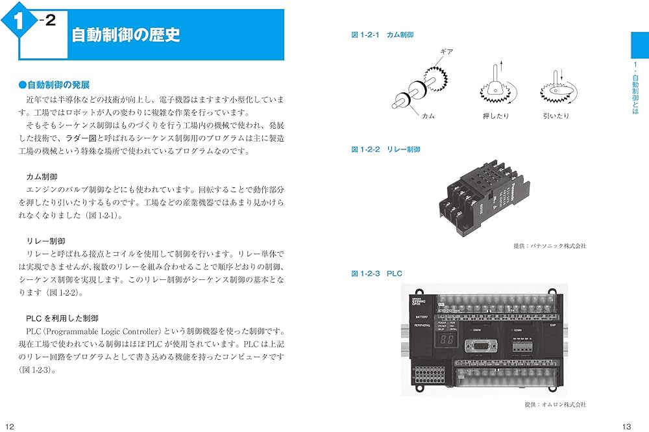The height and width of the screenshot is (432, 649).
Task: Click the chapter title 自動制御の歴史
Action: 125,34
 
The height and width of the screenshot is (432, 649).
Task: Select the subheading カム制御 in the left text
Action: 42,177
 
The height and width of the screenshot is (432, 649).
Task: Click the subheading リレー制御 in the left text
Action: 46,240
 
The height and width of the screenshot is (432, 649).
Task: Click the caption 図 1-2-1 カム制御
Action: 382,34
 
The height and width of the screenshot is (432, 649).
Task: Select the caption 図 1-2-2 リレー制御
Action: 386,149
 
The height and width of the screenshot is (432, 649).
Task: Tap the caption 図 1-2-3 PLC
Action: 376,273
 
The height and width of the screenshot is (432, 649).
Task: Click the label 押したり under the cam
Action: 496,116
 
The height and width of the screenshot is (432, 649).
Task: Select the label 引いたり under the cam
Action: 556,116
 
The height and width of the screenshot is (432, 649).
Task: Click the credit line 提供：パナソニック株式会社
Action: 549,246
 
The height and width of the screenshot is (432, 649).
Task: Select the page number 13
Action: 626,426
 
